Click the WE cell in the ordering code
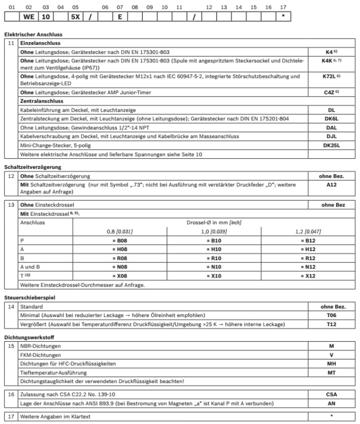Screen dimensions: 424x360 tap(29, 16)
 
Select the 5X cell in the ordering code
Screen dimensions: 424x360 tap(75, 16)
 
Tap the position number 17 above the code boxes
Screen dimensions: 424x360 tap(283, 7)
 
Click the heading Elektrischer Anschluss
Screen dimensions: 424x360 tap(33, 34)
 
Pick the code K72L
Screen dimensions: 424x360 tap(329, 76)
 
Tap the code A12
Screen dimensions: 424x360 tap(331, 183)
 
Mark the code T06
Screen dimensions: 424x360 tap(331, 316)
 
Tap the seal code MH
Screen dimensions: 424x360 tap(331, 364)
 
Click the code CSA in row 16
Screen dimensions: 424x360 tap(331, 394)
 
